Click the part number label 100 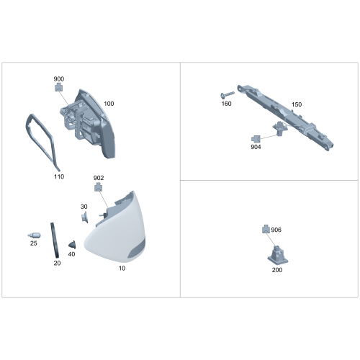(x=109, y=104)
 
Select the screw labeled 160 (x=228, y=95)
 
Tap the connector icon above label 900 (x=58, y=87)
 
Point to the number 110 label (x=59, y=176)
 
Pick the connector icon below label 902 (x=99, y=186)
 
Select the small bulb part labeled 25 (x=35, y=235)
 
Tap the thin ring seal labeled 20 (x=55, y=240)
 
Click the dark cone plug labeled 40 (x=72, y=245)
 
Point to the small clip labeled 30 (x=84, y=217)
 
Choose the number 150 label (x=297, y=104)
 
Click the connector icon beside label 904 (x=256, y=139)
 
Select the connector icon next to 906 (x=266, y=229)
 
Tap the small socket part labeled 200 (x=278, y=255)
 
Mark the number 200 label (x=277, y=270)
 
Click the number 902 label (x=99, y=178)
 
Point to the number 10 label (x=122, y=269)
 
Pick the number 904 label (x=256, y=147)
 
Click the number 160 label (x=226, y=104)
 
